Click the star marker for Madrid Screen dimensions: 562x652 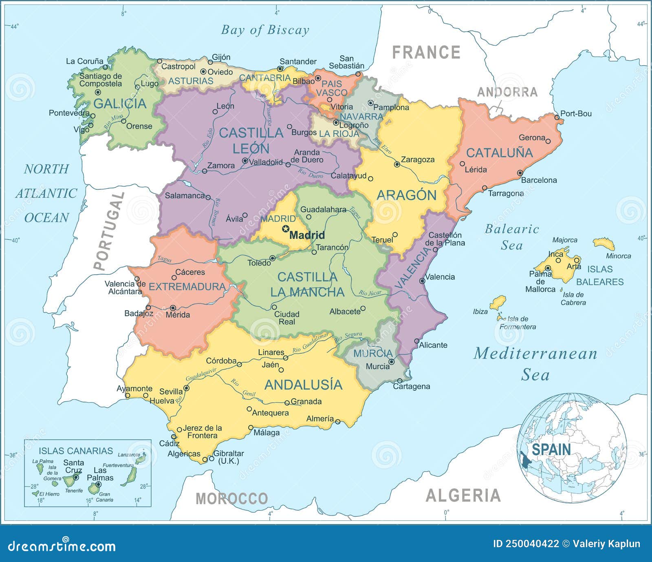point(286,229)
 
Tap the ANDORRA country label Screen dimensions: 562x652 point(507,92)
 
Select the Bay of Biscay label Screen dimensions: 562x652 point(265,30)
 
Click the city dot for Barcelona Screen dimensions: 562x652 point(520,173)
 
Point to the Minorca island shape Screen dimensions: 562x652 point(604,244)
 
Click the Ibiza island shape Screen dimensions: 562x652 point(498,303)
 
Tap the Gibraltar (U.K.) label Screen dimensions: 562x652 point(229,457)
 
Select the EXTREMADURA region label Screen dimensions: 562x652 point(187,287)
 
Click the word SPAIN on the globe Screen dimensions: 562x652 point(551,449)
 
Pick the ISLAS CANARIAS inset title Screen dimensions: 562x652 point(76,451)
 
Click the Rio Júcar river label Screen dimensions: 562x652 point(370,293)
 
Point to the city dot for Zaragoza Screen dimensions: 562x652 point(397,165)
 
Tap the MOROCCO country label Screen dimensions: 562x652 point(232,498)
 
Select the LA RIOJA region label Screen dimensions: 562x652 point(339,134)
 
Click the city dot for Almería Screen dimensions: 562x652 point(337,422)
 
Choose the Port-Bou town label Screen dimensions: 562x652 point(576,114)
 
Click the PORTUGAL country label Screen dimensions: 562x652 point(108,231)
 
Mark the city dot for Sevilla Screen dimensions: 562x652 point(186,388)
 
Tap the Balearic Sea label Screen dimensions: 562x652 point(512,237)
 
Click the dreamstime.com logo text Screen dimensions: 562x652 point(62,546)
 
